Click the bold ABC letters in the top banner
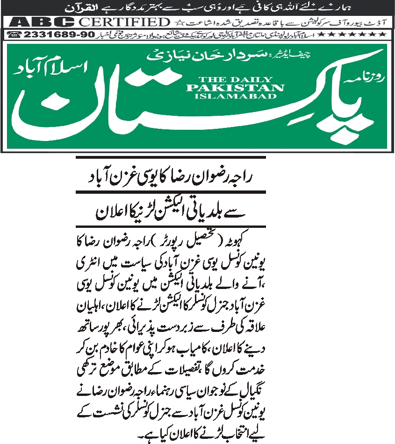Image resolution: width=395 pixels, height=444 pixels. pos(43,22)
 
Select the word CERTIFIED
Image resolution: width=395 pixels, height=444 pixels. pos(124,22)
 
